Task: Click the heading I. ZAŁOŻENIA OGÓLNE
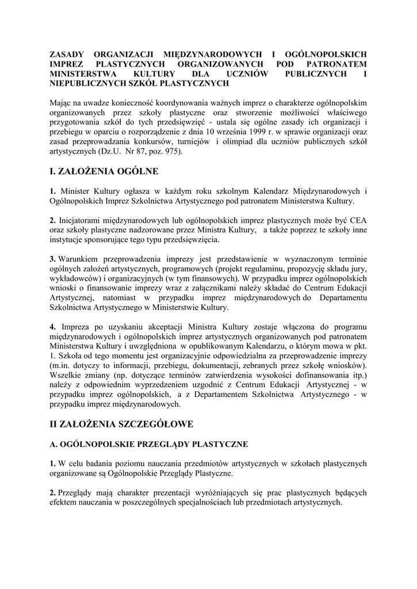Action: pos(103,171)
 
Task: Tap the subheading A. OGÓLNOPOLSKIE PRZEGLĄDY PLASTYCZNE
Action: pos(149,444)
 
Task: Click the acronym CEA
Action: pos(357,220)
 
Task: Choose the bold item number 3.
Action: pos(52,258)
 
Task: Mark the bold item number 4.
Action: pos(52,327)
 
